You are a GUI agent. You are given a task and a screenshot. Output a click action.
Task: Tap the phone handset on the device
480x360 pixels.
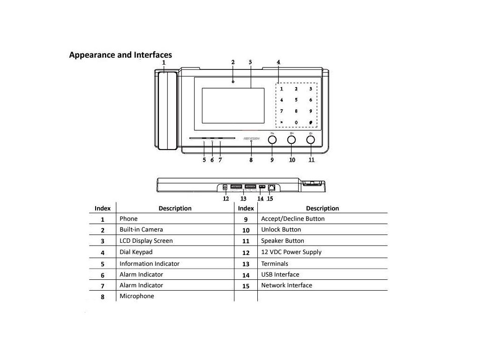click(167, 111)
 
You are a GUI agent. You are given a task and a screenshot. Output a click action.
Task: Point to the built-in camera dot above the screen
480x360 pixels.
click(233, 82)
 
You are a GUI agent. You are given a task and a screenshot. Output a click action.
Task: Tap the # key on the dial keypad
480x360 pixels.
click(310, 123)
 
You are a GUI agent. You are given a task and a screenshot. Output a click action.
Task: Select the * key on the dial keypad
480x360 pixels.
click(281, 123)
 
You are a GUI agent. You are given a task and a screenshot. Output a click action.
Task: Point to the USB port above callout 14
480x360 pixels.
click(262, 187)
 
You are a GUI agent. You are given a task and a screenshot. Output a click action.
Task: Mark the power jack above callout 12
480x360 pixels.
click(225, 188)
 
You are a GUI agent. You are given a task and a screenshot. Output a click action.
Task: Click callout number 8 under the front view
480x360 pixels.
click(251, 160)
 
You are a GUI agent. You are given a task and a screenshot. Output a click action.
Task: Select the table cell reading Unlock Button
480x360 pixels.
click(281, 230)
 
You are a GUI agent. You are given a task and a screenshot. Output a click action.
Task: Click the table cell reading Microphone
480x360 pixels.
click(136, 296)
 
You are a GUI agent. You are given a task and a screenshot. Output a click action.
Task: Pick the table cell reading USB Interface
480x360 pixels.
click(280, 275)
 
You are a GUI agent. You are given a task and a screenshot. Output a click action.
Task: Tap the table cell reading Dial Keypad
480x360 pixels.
click(136, 252)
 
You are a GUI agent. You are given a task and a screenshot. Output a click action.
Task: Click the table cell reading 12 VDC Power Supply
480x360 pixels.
click(291, 252)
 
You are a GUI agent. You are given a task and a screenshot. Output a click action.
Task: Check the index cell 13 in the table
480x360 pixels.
click(246, 264)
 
